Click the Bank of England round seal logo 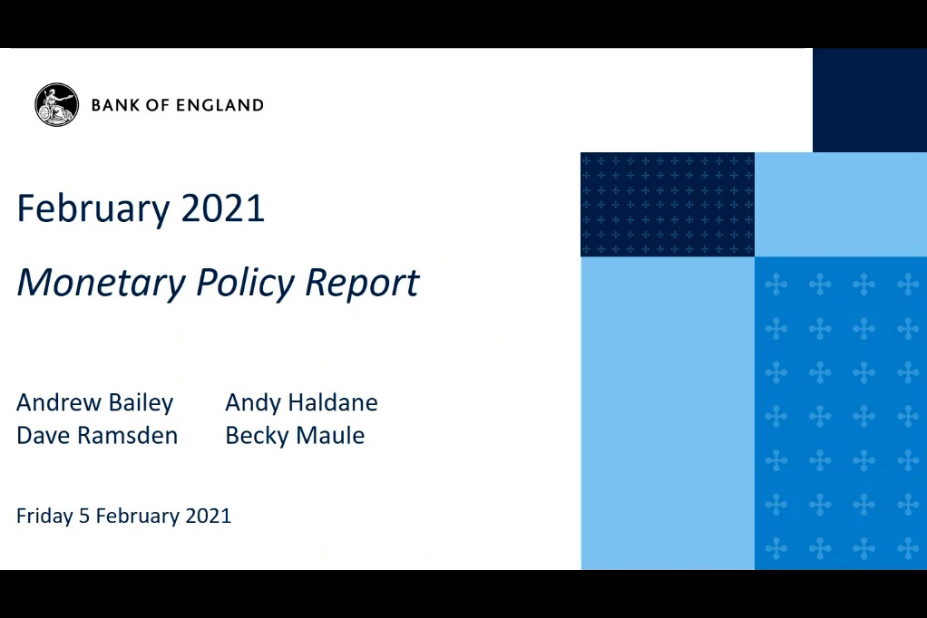pos(57,104)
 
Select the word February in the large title pos(93,209)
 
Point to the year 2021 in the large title pos(222,208)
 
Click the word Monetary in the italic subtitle pos(101,283)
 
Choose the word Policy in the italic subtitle pos(245,283)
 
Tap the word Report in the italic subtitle pos(362,283)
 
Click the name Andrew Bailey pos(94,403)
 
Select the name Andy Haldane pos(301,402)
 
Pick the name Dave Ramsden pos(97,436)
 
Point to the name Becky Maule pos(295,436)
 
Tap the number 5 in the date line pos(84,516)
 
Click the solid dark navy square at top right pos(870,100)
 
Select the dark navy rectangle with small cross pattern pos(668,205)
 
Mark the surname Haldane pos(332,402)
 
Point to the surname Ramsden pos(128,436)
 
